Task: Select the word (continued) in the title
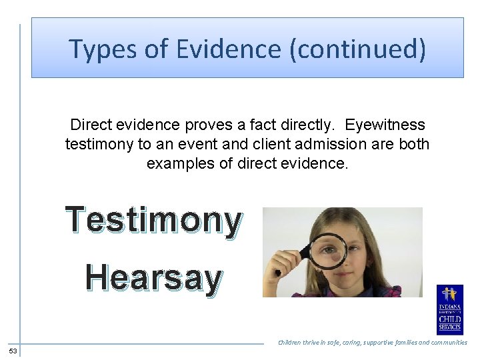tap(357, 49)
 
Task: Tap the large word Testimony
tap(153, 221)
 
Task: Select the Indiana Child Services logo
tap(449, 309)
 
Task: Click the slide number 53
tap(13, 351)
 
